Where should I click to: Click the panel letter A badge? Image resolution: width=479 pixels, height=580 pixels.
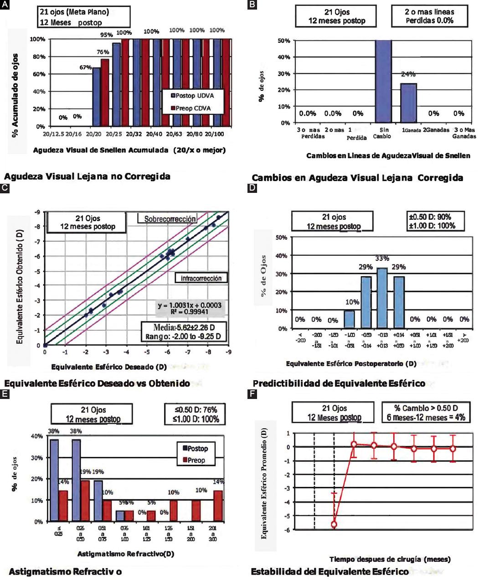pos(5,4)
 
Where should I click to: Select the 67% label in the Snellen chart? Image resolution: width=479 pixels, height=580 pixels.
pos(86,67)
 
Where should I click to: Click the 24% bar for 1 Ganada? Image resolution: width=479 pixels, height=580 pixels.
pos(408,103)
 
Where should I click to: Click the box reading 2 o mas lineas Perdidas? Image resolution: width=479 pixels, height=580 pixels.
pos(429,16)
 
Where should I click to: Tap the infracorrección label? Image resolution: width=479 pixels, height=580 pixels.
pos(201,278)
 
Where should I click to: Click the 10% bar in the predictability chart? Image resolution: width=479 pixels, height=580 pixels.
pos(349,319)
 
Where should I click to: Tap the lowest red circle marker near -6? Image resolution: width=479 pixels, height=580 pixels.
pos(334,524)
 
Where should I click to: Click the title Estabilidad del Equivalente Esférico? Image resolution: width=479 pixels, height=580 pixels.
pos(330,571)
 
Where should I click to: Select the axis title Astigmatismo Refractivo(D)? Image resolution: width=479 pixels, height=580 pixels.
pos(125,554)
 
